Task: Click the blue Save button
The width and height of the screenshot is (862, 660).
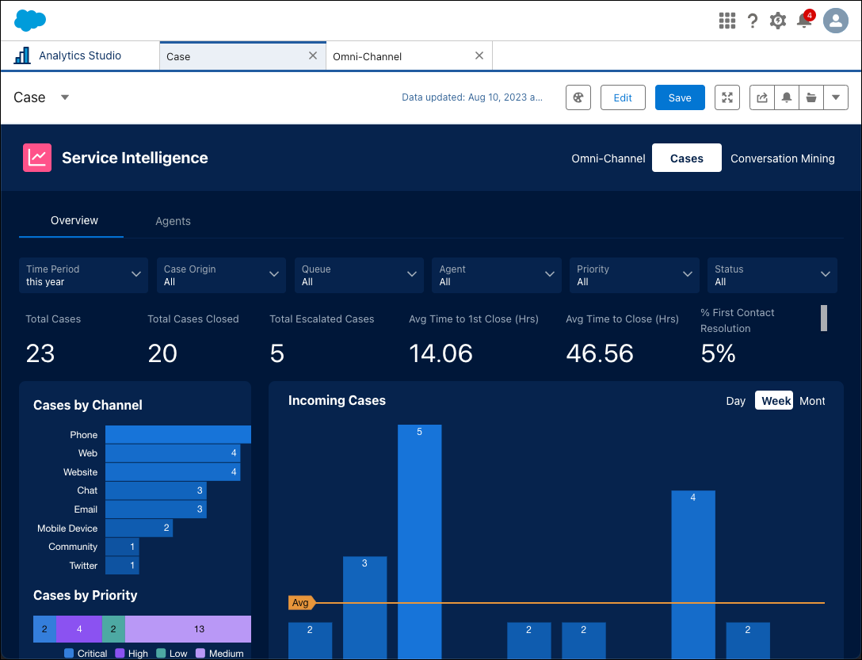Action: [x=680, y=97]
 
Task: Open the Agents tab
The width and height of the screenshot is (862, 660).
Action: [x=173, y=221]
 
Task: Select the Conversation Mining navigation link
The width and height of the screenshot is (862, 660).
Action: [x=782, y=158]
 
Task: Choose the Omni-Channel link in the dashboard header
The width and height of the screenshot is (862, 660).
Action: [x=608, y=158]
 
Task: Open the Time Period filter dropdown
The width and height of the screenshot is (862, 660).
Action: [x=83, y=275]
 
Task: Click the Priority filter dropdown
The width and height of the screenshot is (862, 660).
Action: [x=634, y=275]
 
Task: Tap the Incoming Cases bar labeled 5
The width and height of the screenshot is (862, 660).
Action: [x=419, y=539]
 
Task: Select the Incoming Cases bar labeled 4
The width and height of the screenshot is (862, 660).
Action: [x=693, y=570]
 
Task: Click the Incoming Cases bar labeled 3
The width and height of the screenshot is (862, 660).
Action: [x=364, y=606]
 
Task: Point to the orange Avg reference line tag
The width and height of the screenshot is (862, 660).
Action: [x=301, y=603]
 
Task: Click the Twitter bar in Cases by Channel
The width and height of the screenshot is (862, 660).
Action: [x=122, y=566]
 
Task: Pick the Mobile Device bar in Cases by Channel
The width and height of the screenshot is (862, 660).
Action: [x=139, y=528]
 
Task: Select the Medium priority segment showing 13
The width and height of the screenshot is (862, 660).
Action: [x=188, y=629]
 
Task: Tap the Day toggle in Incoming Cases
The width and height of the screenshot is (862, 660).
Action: [x=735, y=401]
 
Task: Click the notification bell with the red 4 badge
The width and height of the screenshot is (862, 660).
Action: [x=804, y=21]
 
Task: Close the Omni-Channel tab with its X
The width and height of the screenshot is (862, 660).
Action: [x=479, y=56]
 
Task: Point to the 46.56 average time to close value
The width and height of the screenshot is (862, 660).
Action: [x=599, y=353]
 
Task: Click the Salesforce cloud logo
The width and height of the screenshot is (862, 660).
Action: [x=30, y=21]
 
